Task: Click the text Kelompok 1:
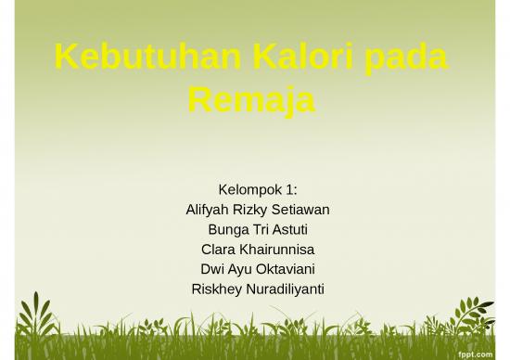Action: point(257,190)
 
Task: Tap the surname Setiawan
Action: point(304,210)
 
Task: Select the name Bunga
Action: point(227,229)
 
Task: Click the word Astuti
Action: point(288,229)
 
